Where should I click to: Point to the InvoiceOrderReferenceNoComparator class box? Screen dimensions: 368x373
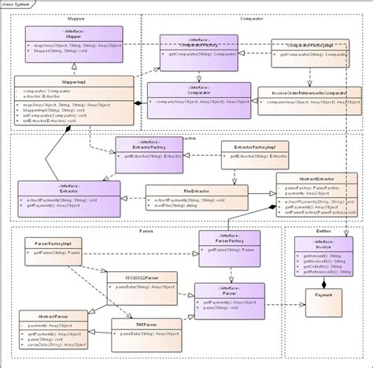310,100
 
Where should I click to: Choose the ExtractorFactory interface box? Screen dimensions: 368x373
150,150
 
